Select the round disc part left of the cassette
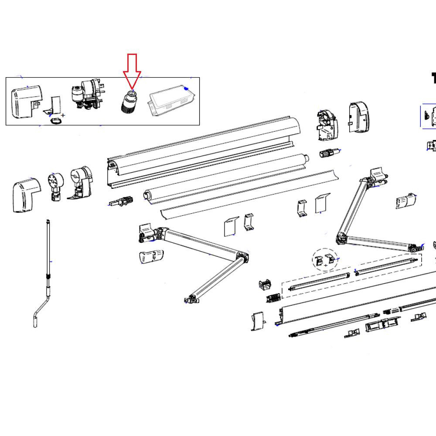(55, 185)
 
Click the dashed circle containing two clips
(325, 260)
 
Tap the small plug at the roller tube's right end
(330, 154)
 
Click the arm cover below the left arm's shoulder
(151, 256)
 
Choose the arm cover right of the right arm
(406, 201)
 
